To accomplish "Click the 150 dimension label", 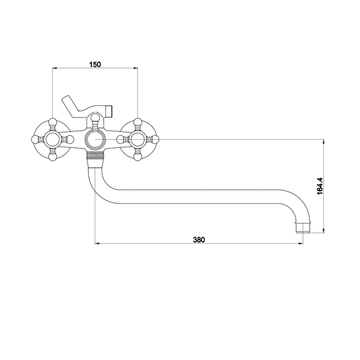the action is pyautogui.click(x=95, y=65).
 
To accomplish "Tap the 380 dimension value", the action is pyautogui.click(x=199, y=240).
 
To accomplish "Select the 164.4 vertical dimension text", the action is pyautogui.click(x=319, y=186).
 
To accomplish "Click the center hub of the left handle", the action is pyautogui.click(x=53, y=139).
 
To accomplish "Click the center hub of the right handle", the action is pyautogui.click(x=138, y=139).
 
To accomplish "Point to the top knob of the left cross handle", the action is pyautogui.click(x=53, y=122).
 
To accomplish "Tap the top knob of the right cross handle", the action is pyautogui.click(x=138, y=122).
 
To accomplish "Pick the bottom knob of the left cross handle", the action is pyautogui.click(x=53, y=157).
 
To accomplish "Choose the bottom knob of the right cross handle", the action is pyautogui.click(x=138, y=157).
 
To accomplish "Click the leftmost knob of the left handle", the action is pyautogui.click(x=35, y=139).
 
